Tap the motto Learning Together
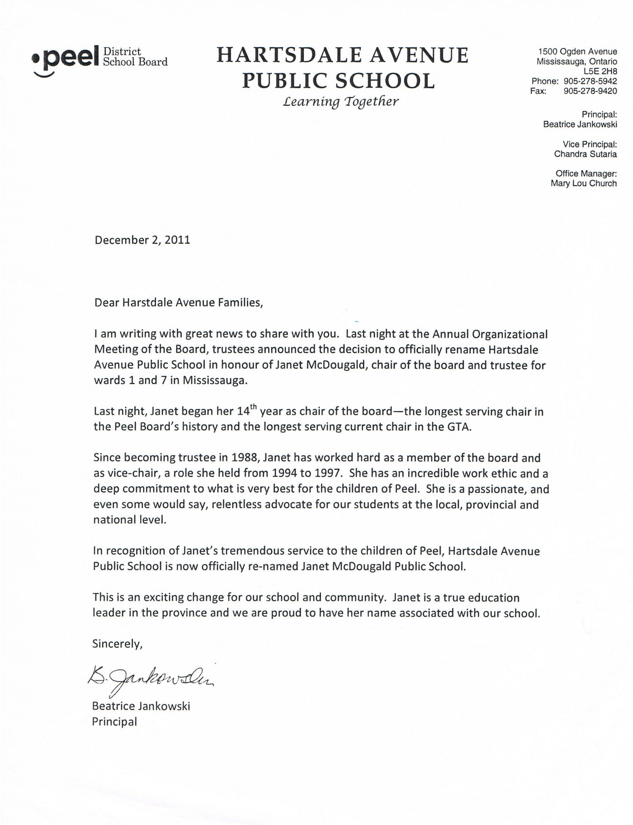pyautogui.click(x=340, y=101)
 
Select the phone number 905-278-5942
pyautogui.click(x=590, y=81)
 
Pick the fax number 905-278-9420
pyautogui.click(x=590, y=91)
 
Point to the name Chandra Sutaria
pyautogui.click(x=585, y=154)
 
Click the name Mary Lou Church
pyautogui.click(x=583, y=184)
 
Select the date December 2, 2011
pyautogui.click(x=142, y=240)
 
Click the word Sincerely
pyautogui.click(x=117, y=643)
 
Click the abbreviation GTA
pyautogui.click(x=459, y=427)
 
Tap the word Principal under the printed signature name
pyautogui.click(x=114, y=721)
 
